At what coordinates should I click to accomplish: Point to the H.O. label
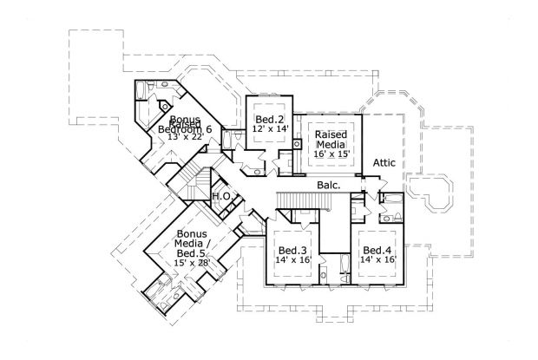click(221, 196)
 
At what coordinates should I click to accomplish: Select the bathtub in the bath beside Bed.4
click(391, 207)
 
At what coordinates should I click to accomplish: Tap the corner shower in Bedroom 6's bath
click(165, 108)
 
